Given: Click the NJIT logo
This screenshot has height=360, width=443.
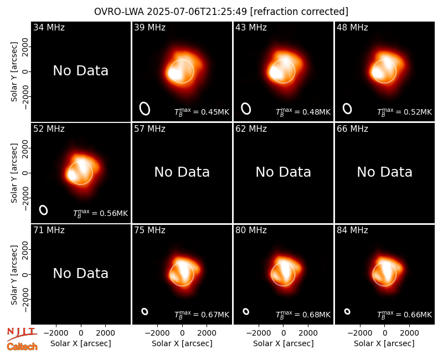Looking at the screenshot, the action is click(x=22, y=334).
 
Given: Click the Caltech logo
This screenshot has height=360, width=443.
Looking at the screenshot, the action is click(x=22, y=347).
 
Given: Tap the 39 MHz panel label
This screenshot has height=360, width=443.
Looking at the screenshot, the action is click(x=150, y=27).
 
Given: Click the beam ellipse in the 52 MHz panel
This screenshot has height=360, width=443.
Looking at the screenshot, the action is click(x=43, y=210).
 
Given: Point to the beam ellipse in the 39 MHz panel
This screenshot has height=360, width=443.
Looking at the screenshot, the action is click(x=145, y=109).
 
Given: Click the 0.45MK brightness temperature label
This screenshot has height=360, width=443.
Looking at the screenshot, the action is click(x=202, y=112).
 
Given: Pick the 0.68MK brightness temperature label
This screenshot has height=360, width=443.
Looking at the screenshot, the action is click(x=303, y=315).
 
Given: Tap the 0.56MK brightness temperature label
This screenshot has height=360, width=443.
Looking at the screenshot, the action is click(x=101, y=213).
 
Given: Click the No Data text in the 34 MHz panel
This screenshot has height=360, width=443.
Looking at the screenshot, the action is click(x=81, y=71).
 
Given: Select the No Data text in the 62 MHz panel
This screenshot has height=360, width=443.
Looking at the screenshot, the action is click(x=284, y=172).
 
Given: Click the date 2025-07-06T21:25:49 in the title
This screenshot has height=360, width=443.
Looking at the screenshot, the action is click(x=197, y=12).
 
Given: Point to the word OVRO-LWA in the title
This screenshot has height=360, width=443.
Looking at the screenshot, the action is click(x=119, y=12).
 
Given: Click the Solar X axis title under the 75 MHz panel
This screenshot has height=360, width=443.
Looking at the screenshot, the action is click(x=182, y=343).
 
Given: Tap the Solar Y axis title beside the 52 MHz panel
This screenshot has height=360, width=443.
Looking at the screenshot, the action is click(x=14, y=173).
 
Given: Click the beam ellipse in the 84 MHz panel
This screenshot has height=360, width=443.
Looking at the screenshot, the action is click(x=347, y=311).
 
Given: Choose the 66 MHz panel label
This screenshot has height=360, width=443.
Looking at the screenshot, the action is click(x=352, y=129).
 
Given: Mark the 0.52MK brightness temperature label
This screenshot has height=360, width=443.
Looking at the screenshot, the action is click(x=405, y=112).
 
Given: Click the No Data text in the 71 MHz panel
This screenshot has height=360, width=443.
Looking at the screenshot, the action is click(x=81, y=273).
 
